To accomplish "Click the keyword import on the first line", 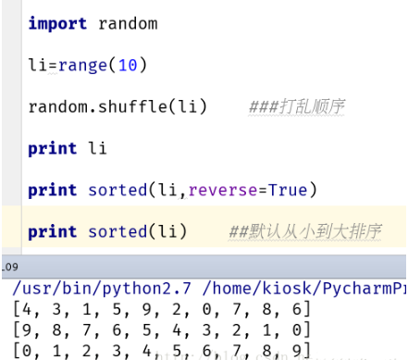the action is (x=57, y=23).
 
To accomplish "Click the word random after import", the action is (x=127, y=23).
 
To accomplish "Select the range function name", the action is (x=78, y=66).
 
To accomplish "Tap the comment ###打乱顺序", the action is (x=296, y=107).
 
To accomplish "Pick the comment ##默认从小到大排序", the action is (x=304, y=230).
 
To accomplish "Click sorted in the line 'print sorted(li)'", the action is (x=117, y=231).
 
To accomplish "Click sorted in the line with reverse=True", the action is (x=117, y=190).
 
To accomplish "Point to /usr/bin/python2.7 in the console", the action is (x=96, y=288).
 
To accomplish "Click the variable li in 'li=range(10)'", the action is (x=37, y=66).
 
